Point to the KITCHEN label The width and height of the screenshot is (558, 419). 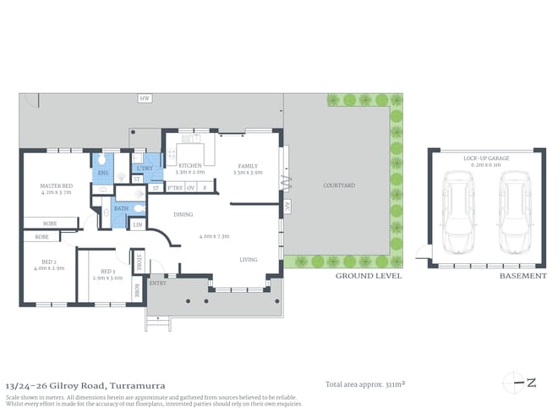point(189,166)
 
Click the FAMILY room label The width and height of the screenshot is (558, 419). point(248,166)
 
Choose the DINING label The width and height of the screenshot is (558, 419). point(183,214)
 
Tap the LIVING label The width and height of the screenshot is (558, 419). point(249,260)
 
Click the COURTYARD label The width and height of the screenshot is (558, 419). point(338,185)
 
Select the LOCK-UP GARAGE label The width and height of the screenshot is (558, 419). point(484,158)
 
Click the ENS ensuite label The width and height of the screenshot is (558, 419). point(103,174)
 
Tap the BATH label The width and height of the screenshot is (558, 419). point(122,207)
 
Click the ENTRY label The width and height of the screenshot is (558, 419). point(158,283)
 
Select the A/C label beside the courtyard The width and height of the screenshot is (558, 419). point(287,206)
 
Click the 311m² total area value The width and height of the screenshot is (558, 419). point(393,384)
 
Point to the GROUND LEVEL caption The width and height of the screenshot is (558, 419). point(369,276)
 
